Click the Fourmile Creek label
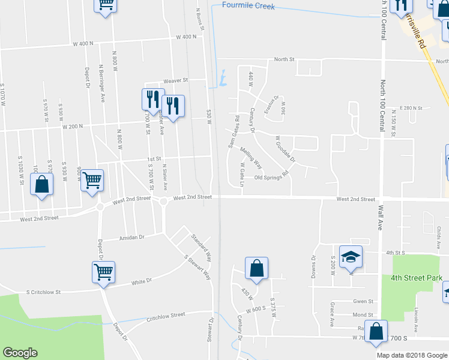pos(248,6)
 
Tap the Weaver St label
pos(177,80)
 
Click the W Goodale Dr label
pos(285,149)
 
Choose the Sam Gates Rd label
pos(234,131)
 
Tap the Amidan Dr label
pos(133,238)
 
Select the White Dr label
pos(142,280)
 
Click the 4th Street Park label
pos(416,278)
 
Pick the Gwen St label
pos(363,301)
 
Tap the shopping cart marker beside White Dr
pos(104,272)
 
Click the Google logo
pos(20,353)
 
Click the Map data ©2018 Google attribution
pos(412,355)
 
